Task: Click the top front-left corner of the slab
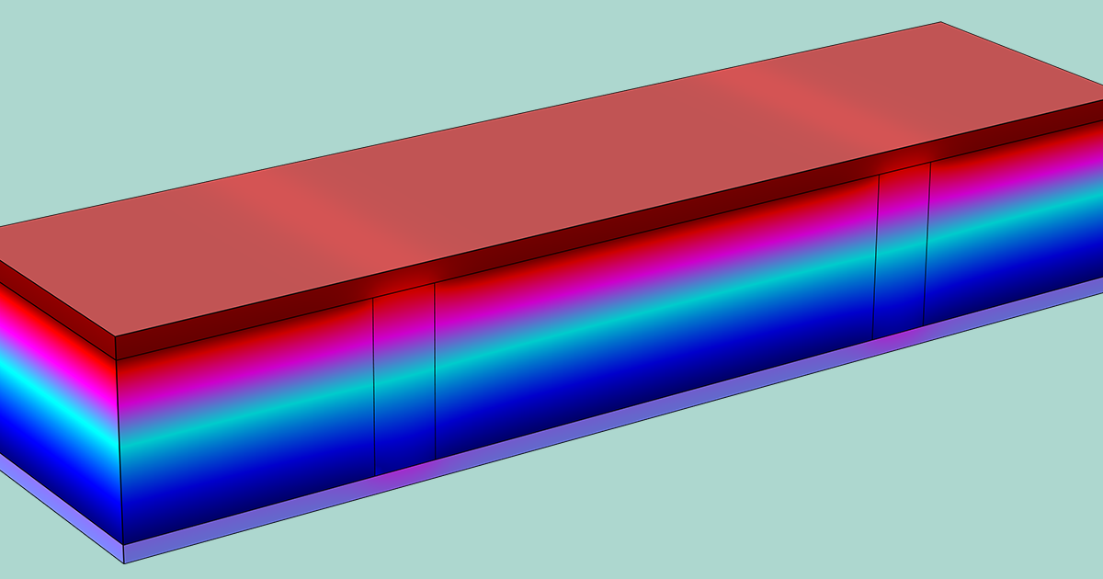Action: coord(116,336)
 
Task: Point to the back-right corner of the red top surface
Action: coord(941,23)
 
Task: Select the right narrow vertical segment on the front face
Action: coord(901,244)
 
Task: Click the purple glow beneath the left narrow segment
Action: coord(405,472)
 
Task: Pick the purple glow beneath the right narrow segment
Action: coord(898,339)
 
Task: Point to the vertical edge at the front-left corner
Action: coord(119,441)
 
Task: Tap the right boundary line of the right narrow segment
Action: coord(927,244)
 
